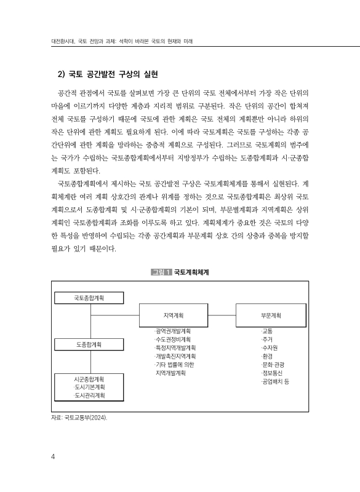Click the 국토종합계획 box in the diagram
[89, 298]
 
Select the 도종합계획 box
[89, 344]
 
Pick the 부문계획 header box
[271, 316]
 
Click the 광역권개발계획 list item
[174, 331]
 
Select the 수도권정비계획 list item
[174, 339]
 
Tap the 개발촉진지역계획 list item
[175, 356]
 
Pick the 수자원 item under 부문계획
[269, 347]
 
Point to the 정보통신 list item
[271, 373]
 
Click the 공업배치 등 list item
[275, 381]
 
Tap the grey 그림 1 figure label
[161, 271]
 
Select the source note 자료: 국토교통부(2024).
[80, 419]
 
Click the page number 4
[54, 456]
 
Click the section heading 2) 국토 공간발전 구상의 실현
[108, 75]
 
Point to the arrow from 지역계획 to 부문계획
[219, 316]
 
